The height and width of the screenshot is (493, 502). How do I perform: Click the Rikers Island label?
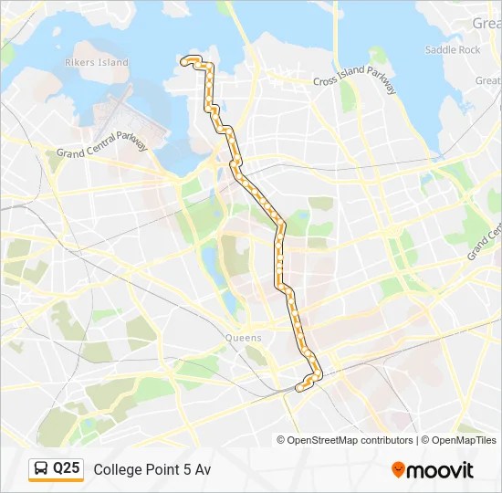click(x=96, y=62)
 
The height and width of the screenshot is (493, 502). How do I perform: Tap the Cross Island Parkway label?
click(x=355, y=80)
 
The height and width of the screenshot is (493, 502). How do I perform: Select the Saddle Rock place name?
click(x=452, y=49)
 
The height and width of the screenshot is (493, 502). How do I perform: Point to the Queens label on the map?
click(x=243, y=338)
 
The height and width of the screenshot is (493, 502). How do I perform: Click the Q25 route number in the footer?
click(x=66, y=469)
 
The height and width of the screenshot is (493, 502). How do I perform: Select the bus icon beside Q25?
click(x=42, y=469)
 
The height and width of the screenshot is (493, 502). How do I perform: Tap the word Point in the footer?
click(x=162, y=470)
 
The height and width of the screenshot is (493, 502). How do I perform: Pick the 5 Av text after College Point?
click(x=196, y=470)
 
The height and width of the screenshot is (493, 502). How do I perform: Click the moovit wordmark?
click(x=439, y=470)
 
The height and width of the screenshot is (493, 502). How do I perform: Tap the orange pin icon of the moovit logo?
click(x=398, y=470)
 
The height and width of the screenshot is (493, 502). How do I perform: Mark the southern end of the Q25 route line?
click(x=298, y=388)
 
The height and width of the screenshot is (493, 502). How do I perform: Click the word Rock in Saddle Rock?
click(x=467, y=49)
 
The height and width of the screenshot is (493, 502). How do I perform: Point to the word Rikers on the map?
click(x=81, y=62)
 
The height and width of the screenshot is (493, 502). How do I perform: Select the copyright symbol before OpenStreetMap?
click(x=282, y=440)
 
